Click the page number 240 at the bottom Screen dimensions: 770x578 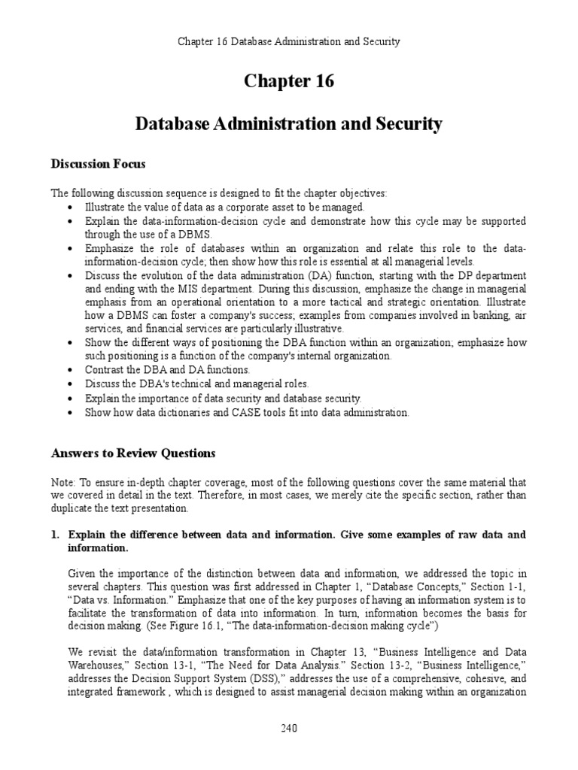[289, 728]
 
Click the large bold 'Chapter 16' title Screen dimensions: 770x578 [289, 81]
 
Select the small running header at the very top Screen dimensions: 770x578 [289, 41]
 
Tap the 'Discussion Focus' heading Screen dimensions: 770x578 [98, 163]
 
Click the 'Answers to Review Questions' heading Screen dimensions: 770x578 [132, 453]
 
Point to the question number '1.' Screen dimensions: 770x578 [55, 535]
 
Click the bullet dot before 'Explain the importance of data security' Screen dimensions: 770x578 [71, 399]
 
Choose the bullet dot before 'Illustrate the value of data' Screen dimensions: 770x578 [71, 208]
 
